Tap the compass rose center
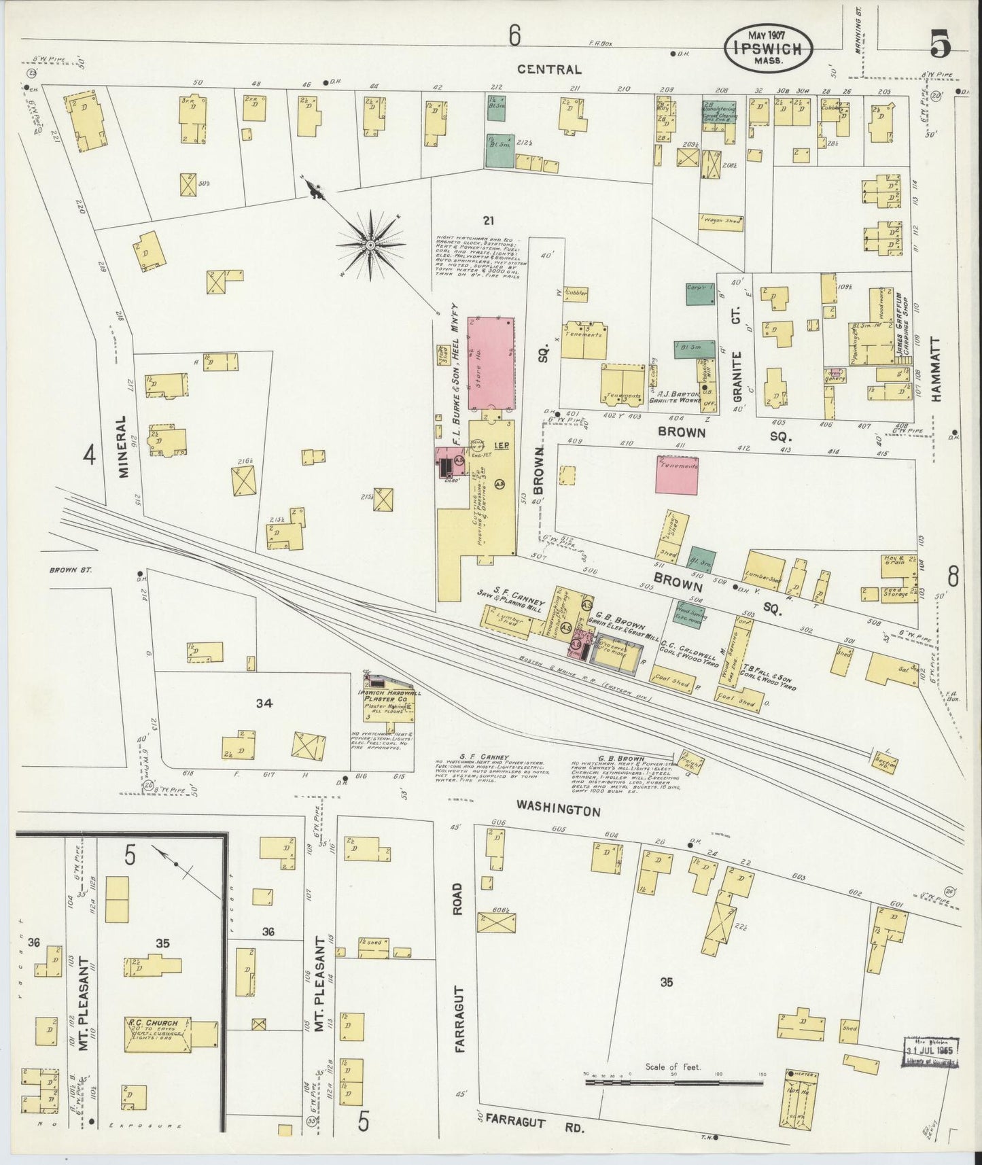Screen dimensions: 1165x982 coord(370,245)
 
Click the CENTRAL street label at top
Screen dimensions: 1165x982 coord(549,69)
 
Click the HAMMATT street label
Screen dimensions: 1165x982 coord(936,370)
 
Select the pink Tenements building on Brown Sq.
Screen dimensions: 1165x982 coord(676,474)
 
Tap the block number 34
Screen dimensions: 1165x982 coord(264,703)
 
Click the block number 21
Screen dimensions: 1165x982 coord(487,220)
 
